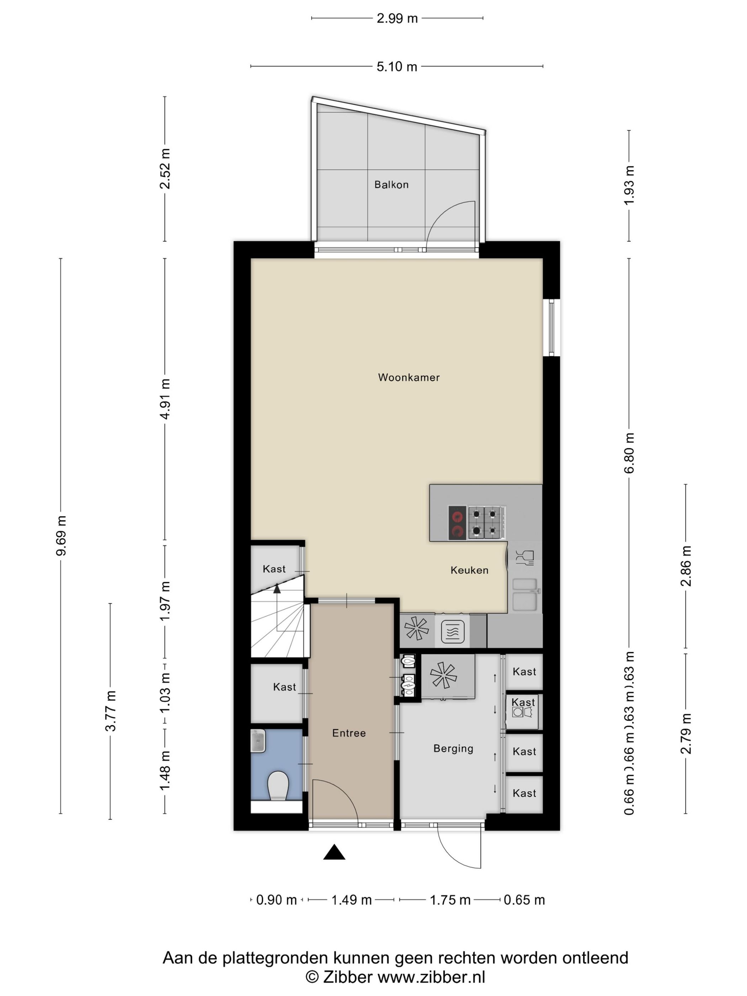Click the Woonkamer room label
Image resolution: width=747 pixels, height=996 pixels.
tap(408, 377)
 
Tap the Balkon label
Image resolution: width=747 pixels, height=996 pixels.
tap(391, 185)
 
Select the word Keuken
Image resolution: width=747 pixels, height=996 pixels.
tap(469, 570)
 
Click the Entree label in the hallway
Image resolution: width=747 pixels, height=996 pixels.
tap(349, 733)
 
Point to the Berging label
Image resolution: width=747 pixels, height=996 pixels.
tap(453, 748)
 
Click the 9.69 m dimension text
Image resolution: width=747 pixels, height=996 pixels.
tap(61, 535)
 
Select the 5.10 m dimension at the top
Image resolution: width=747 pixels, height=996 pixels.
tap(397, 67)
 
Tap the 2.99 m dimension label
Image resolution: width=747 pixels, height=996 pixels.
tap(397, 18)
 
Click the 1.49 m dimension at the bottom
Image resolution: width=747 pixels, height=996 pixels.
tap(351, 900)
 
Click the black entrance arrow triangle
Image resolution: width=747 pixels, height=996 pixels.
tap(334, 852)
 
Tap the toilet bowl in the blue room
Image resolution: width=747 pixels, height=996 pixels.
tap(278, 786)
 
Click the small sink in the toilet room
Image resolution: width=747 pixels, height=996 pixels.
tap(258, 741)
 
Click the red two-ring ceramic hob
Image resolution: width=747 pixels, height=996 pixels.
tap(457, 523)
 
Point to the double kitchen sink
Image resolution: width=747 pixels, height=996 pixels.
tap(525, 594)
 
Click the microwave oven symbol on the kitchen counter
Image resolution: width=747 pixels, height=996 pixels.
tap(452, 631)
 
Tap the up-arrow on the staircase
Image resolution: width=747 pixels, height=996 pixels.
tap(276, 588)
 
